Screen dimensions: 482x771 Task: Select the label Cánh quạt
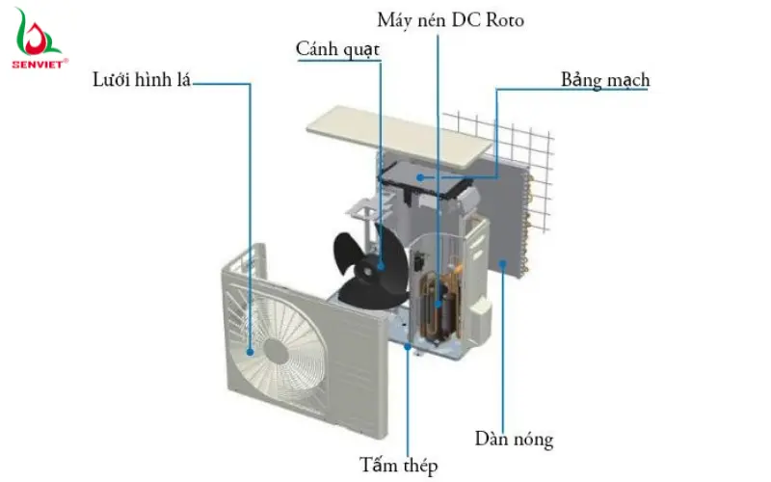pyautogui.click(x=338, y=49)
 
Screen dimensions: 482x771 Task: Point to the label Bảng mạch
pyautogui.click(x=604, y=79)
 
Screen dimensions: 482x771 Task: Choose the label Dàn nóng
pyautogui.click(x=514, y=440)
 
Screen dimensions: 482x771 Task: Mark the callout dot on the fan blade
pyautogui.click(x=380, y=265)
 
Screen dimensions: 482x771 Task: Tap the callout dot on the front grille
pyautogui.click(x=252, y=351)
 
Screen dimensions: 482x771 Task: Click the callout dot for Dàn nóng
pyautogui.click(x=503, y=262)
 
